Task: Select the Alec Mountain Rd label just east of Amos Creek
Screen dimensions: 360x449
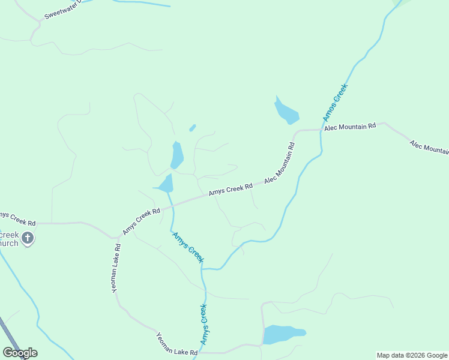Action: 349,127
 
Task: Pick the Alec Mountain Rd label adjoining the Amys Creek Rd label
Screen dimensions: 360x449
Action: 280,163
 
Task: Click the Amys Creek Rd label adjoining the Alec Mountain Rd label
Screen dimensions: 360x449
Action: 231,190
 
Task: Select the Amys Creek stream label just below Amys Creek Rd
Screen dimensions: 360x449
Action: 188,247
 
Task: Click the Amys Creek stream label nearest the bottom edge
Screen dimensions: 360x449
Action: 204,325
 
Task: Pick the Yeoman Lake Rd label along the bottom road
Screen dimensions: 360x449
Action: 177,344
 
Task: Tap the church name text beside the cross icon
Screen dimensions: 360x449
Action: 8,238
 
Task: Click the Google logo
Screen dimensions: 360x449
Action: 20,353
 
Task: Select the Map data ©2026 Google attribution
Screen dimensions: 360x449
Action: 412,355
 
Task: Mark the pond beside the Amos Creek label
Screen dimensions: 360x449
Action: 286,112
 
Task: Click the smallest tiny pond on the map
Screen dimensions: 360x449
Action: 192,128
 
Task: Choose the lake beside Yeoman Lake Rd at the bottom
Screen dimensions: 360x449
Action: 283,334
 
